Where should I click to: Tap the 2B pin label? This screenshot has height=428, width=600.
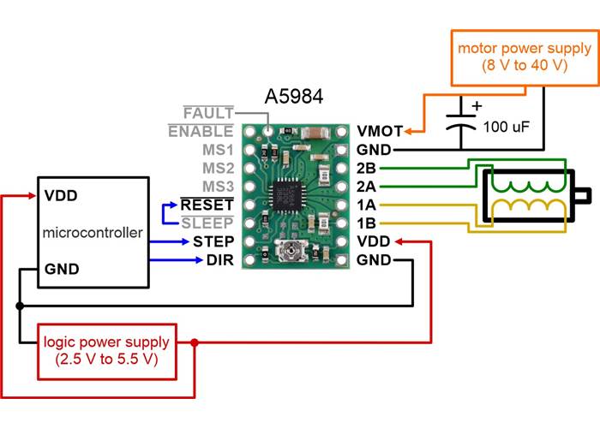pos(366,169)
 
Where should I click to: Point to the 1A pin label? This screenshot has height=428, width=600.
pos(366,205)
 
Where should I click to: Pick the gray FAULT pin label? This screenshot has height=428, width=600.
pos(208,113)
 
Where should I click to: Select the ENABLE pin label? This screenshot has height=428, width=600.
pos(201,132)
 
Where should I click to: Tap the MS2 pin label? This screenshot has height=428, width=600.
pos(217,169)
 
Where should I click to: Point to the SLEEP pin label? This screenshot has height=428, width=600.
pos(208,223)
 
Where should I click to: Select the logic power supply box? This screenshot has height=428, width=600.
pos(106,352)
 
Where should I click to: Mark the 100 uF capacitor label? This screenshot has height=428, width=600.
pos(506,127)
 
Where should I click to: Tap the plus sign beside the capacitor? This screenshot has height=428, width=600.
pos(477,108)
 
